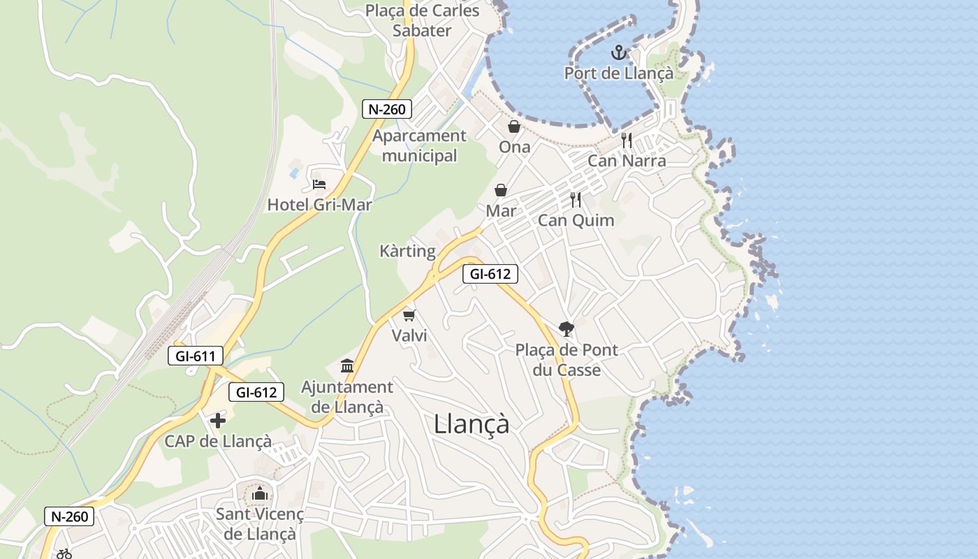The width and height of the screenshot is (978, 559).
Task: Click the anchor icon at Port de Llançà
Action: coord(618,52)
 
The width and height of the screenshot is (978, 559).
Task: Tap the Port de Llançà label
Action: coord(618,73)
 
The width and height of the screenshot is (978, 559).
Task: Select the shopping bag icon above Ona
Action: coord(514,126)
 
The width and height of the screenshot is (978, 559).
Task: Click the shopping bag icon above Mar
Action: coord(501,190)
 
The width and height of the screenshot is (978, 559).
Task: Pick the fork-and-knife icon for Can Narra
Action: coord(627,140)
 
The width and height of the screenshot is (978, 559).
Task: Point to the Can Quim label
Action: coord(576,220)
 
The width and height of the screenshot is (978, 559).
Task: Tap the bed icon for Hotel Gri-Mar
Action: coord(319,184)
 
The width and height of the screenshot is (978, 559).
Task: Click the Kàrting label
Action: coord(407,251)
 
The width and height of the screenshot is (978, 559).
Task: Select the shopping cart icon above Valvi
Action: coord(409,316)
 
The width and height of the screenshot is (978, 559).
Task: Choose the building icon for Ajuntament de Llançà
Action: coord(347,365)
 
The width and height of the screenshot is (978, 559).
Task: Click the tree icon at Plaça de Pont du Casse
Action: coord(566,328)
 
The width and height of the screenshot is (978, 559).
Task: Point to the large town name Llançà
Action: coord(472,424)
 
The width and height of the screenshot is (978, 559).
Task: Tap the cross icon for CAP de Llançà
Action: coord(218,421)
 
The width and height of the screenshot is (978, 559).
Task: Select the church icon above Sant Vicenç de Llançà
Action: coord(260,494)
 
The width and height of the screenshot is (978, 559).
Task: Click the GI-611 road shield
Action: coord(196,356)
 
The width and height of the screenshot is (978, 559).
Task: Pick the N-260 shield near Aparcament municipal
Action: coord(387,109)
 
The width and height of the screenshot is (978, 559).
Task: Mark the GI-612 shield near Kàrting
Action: coord(490,274)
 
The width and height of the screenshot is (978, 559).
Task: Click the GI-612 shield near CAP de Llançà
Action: coord(256,393)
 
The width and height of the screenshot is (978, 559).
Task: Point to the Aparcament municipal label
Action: coord(419,145)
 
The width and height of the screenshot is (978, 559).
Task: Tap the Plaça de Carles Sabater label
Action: coord(422,20)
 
